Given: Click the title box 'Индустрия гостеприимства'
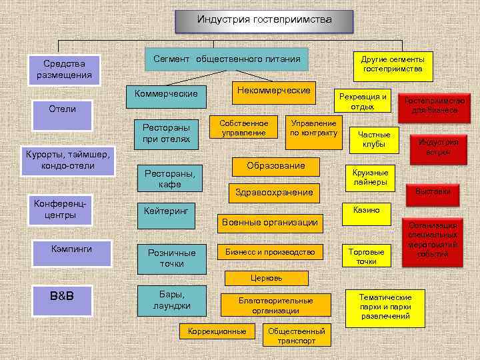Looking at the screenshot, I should [x=264, y=21].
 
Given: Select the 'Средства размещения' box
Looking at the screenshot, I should [x=65, y=70].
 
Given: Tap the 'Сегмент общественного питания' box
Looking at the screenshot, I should [x=227, y=59].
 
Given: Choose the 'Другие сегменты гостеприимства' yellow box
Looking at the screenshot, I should [x=393, y=64].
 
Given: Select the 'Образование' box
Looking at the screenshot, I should [x=276, y=166].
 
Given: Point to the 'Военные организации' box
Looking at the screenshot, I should [x=270, y=223].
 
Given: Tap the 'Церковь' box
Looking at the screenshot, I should [x=266, y=277].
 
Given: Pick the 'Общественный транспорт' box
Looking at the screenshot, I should [x=296, y=335].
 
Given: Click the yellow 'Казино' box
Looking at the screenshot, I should [x=366, y=210].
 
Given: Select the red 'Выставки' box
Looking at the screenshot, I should [x=433, y=192].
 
